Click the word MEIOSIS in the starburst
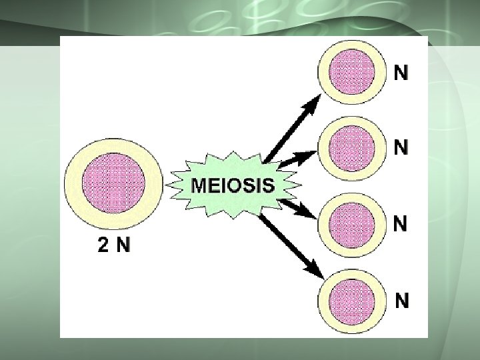click(x=233, y=185)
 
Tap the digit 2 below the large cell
click(x=103, y=246)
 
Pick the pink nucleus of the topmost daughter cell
click(x=351, y=70)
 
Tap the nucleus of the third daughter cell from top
click(x=351, y=221)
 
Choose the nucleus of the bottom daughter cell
click(x=351, y=298)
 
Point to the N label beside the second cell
click(x=401, y=147)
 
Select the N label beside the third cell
click(x=401, y=223)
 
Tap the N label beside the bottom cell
click(x=401, y=301)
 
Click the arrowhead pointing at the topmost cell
click(x=314, y=103)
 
